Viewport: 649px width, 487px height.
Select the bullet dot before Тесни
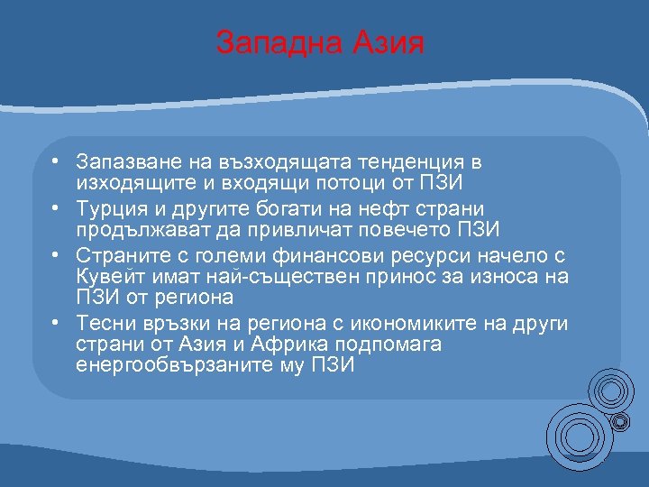tap(56, 322)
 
